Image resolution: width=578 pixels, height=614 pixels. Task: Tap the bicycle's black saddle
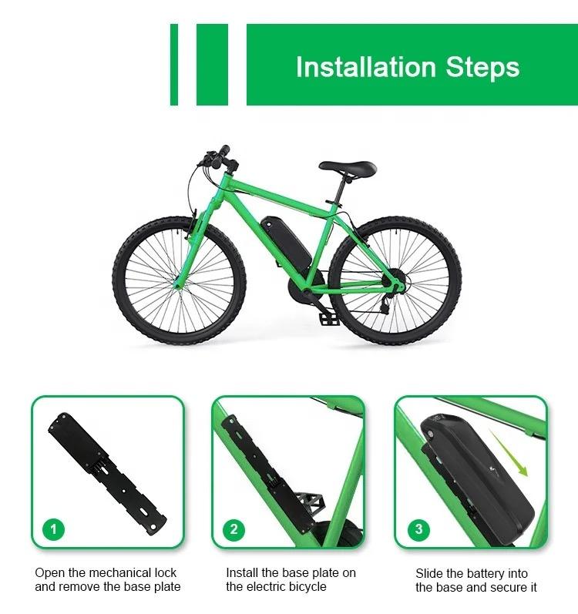point(348,167)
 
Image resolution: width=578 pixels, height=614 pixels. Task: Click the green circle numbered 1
point(53,529)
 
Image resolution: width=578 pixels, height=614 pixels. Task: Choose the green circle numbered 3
point(418,529)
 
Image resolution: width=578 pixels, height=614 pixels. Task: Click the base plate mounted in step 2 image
point(250,462)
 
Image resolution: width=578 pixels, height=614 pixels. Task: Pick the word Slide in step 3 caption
point(430,573)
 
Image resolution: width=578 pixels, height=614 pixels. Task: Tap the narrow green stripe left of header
point(174,65)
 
